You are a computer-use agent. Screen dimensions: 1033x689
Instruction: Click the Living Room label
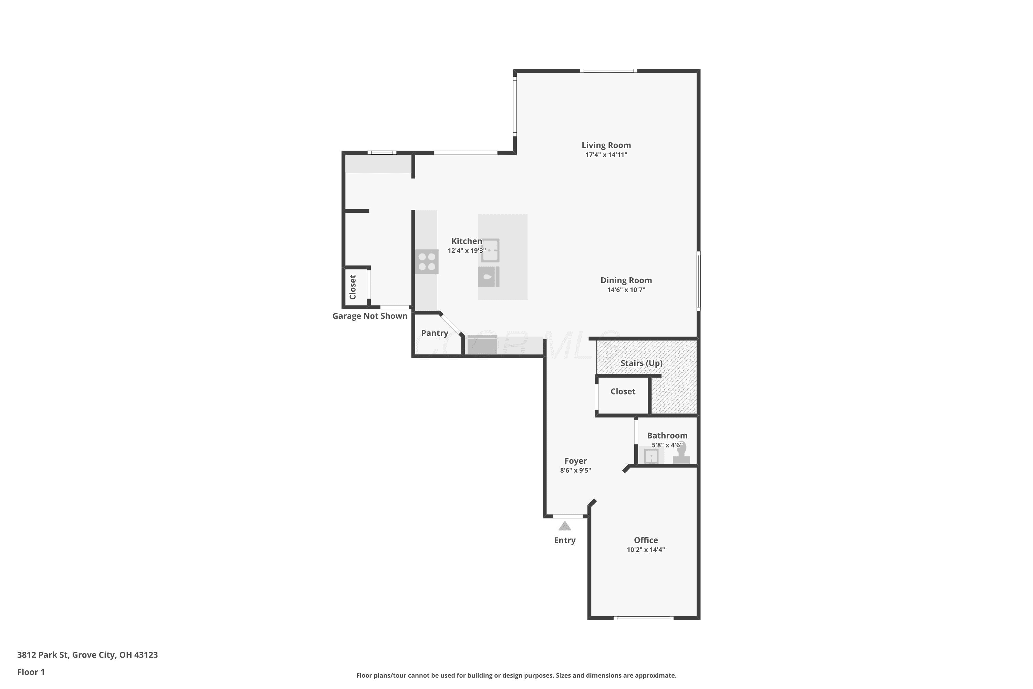click(x=606, y=145)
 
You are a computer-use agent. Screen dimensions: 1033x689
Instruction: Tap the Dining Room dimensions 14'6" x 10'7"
click(x=626, y=290)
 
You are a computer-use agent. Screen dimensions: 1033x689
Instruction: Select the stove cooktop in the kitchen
click(x=427, y=261)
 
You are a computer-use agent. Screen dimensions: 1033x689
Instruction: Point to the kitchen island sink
click(x=490, y=250)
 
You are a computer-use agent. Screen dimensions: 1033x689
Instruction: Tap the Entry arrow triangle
click(x=564, y=526)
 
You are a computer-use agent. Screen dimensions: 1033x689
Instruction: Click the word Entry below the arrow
click(x=564, y=541)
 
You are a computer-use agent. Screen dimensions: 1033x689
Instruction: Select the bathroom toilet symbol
click(x=681, y=453)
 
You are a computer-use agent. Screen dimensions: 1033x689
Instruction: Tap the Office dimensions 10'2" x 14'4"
click(x=646, y=550)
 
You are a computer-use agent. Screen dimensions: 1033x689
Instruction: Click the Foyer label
click(x=575, y=461)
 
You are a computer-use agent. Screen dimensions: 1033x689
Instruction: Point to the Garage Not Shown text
click(x=370, y=316)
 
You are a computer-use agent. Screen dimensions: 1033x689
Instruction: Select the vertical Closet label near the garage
click(x=353, y=287)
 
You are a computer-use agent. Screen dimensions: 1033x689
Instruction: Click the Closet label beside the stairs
click(x=623, y=391)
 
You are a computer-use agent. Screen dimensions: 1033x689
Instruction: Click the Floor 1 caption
click(x=31, y=672)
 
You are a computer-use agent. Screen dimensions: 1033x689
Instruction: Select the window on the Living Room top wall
click(x=608, y=71)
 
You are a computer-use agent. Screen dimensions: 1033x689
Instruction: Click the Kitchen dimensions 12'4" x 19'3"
click(x=467, y=251)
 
